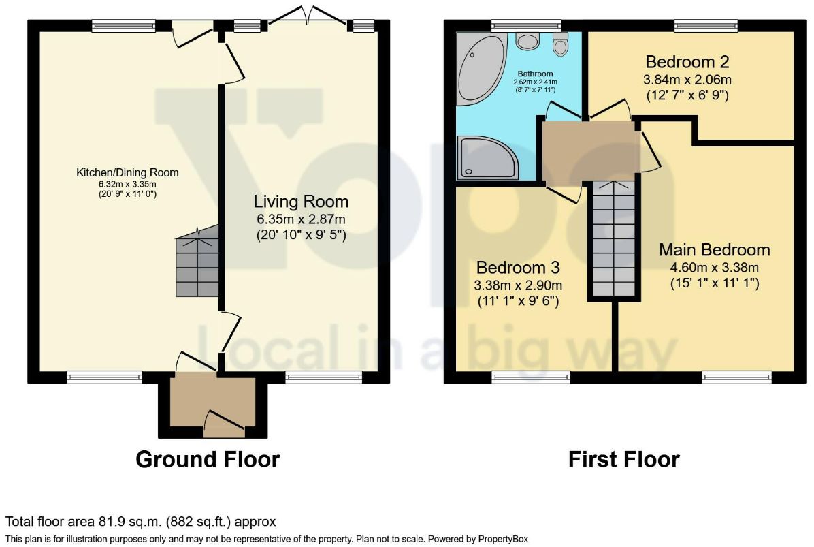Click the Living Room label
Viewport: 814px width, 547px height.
(301, 202)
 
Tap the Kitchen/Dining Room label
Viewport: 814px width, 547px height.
(127, 172)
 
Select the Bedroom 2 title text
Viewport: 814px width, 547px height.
(687, 62)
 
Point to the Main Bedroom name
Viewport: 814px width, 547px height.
(715, 250)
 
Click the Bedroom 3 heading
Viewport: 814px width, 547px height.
(518, 268)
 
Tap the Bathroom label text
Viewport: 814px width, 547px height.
(535, 74)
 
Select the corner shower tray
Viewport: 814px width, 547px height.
(487, 157)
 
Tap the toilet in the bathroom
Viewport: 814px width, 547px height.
(560, 44)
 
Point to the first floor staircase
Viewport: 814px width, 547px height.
(614, 238)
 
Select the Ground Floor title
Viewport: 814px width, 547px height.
(208, 460)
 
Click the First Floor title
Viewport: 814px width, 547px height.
(624, 460)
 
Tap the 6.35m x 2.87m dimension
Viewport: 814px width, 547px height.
(301, 219)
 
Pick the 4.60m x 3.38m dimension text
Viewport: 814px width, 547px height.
(715, 268)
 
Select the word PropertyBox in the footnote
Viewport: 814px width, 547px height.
(502, 540)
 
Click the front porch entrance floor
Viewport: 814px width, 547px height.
(213, 399)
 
